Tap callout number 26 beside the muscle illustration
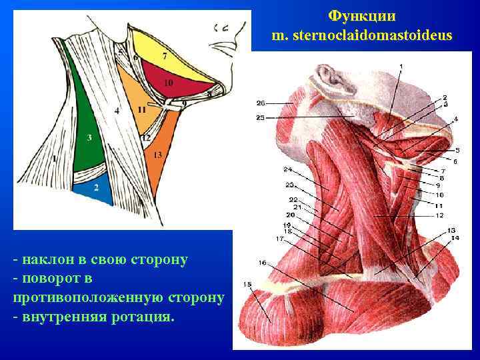[x=260, y=103]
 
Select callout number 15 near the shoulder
[x=247, y=285]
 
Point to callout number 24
[x=287, y=169]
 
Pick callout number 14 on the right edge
[x=455, y=237]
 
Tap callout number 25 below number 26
[x=260, y=117]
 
